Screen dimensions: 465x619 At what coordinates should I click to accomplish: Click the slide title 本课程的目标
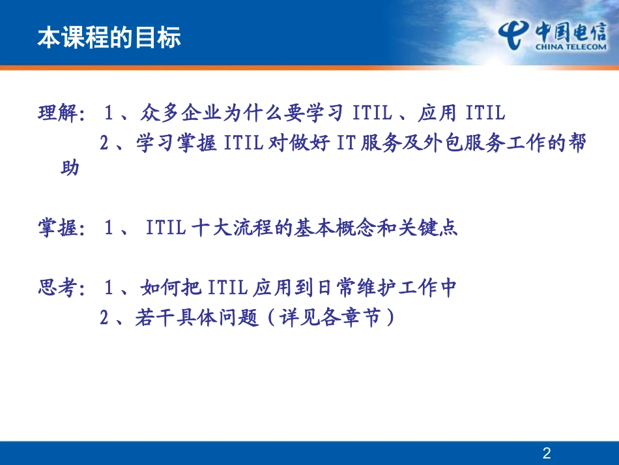click(109, 38)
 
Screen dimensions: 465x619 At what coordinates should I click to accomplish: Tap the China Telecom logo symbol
click(514, 33)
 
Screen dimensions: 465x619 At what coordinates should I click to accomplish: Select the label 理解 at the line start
click(57, 113)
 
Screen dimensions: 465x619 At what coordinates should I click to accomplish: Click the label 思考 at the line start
click(57, 288)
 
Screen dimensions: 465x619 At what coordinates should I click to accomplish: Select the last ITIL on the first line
click(485, 113)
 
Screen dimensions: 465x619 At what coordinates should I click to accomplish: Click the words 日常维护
click(353, 288)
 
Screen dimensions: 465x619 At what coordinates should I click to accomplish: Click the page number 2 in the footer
click(547, 453)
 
